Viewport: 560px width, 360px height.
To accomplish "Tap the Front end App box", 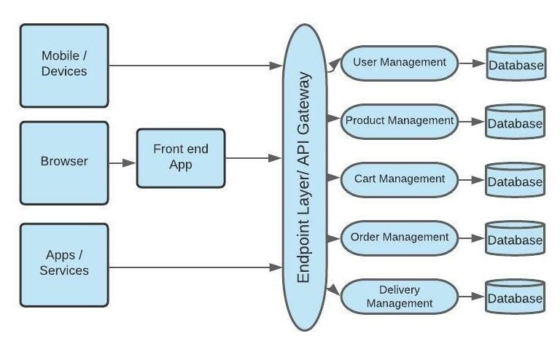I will (x=181, y=158).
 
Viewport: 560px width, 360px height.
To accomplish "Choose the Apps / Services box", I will (x=64, y=264).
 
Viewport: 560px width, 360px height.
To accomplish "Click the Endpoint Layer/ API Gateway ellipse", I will (x=305, y=178).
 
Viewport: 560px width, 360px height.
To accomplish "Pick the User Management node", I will (x=399, y=63).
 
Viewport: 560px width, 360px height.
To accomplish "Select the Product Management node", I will (x=399, y=121).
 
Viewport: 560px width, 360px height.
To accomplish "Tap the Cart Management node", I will (x=399, y=179).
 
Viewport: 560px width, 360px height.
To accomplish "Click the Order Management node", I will (x=399, y=238).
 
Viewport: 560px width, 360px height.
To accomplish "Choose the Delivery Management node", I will (x=399, y=297).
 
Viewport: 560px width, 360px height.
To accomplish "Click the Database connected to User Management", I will (x=516, y=64).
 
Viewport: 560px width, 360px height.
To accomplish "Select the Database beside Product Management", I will (x=516, y=122).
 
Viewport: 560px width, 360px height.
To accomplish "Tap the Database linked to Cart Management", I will (x=516, y=181).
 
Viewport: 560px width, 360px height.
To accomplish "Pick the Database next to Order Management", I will (x=516, y=239).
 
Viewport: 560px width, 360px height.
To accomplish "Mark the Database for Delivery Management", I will (x=516, y=297).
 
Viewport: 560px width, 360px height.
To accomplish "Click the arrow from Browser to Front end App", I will (x=122, y=163).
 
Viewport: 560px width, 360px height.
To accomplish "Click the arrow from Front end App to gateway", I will (x=253, y=158).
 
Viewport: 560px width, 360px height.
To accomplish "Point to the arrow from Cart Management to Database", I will (x=472, y=180).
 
